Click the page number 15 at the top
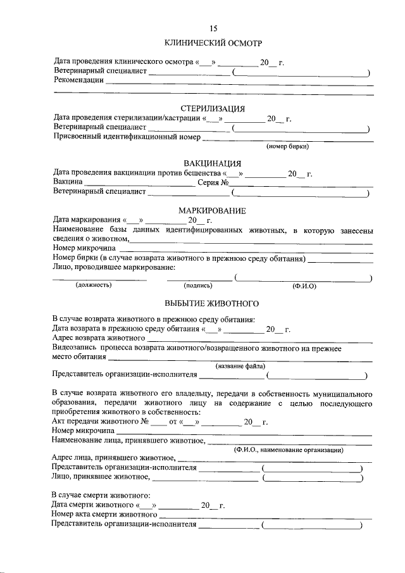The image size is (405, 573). click(213, 28)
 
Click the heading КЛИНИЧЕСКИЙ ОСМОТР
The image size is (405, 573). click(213, 43)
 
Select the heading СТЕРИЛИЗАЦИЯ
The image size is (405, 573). click(213, 108)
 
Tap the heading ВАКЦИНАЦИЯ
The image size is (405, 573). click(212, 164)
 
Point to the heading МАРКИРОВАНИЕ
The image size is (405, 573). click(212, 210)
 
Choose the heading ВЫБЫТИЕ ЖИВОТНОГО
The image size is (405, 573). click(212, 303)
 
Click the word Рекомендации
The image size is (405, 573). click(78, 81)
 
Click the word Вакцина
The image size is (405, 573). click(68, 182)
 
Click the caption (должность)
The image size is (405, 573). click(94, 286)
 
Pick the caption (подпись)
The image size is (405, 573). click(198, 286)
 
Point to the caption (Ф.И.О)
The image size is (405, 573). click(304, 286)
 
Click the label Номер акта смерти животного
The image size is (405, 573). click(104, 515)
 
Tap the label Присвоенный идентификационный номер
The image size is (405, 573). click(127, 137)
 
